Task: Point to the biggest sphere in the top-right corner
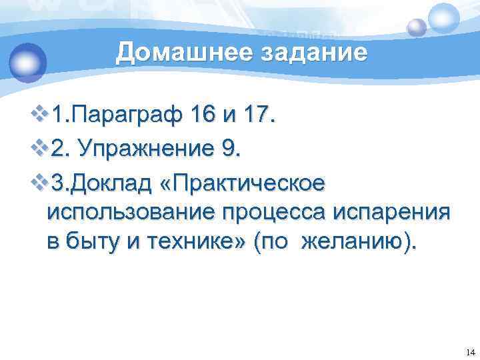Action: point(445,18)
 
